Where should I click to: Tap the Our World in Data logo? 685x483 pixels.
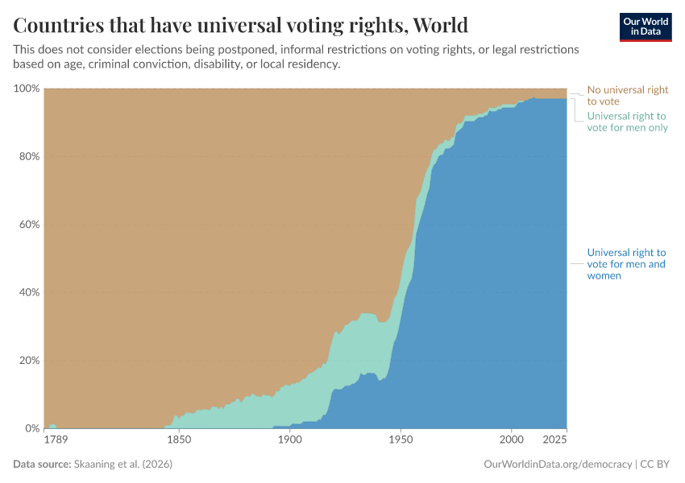(x=645, y=27)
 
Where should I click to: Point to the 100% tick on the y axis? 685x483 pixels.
(x=26, y=88)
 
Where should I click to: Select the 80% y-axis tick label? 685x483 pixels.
(x=28, y=156)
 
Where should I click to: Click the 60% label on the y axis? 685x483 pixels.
(x=28, y=224)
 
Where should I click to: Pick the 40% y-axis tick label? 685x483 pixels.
(x=28, y=292)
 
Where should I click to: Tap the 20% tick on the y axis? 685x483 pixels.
(x=28, y=360)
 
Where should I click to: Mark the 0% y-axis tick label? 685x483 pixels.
(x=31, y=428)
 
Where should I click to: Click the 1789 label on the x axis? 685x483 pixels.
(x=55, y=440)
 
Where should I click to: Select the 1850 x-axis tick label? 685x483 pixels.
(x=179, y=440)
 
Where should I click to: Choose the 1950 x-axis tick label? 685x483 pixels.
(x=401, y=440)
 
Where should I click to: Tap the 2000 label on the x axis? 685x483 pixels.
(x=511, y=440)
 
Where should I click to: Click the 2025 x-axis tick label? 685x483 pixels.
(x=555, y=440)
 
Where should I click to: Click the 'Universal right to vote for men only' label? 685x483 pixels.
(x=627, y=122)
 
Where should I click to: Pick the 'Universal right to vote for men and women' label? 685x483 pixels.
(x=626, y=264)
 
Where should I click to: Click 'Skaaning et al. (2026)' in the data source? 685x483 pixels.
(x=123, y=464)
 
